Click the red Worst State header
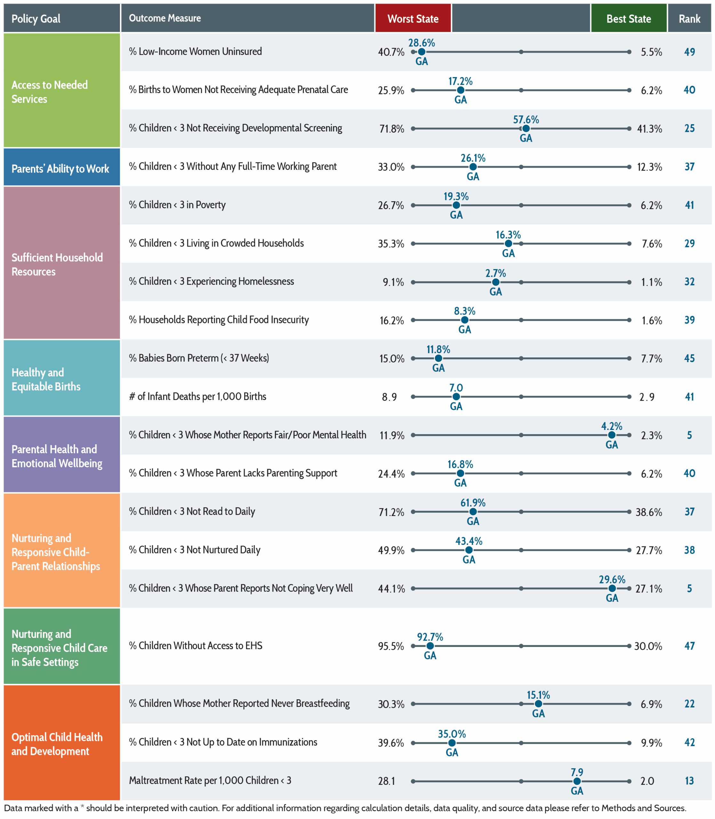click(x=413, y=18)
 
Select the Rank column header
click(x=689, y=18)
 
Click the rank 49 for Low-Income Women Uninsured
click(x=689, y=52)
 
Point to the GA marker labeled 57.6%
click(x=526, y=128)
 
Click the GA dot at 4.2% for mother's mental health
click(x=612, y=435)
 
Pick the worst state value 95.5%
click(x=391, y=646)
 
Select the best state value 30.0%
click(x=648, y=646)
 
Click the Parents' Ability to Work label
click(x=60, y=169)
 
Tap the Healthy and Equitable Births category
click(x=46, y=379)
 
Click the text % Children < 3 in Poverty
click(x=177, y=205)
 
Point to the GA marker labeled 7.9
click(x=577, y=781)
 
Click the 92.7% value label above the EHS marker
click(x=430, y=637)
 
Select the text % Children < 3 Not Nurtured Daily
click(x=195, y=550)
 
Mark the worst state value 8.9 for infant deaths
click(x=390, y=397)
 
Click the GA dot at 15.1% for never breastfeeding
click(x=538, y=704)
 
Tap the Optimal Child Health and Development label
click(x=57, y=744)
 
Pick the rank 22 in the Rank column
click(x=689, y=704)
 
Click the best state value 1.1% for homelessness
click(x=652, y=282)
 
